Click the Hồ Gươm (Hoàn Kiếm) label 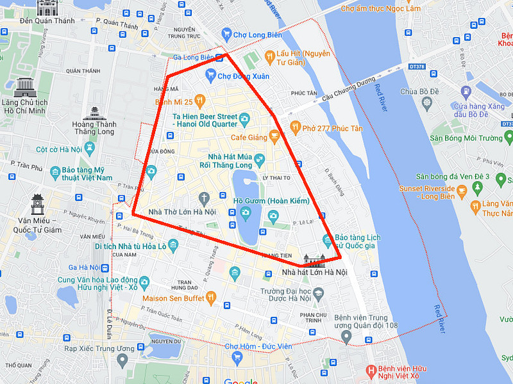pos(271,201)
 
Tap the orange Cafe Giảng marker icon pos(274,136)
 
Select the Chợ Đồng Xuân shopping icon pos(210,76)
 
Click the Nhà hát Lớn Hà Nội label pos(314,273)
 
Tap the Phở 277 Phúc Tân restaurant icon pos(295,126)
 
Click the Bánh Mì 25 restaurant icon pos(199,101)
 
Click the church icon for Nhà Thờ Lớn pos(204,197)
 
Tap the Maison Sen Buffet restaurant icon pos(212,298)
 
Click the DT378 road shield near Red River pos(417,66)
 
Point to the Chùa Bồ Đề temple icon pos(426,102)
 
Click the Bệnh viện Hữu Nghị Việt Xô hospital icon pos(370,371)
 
